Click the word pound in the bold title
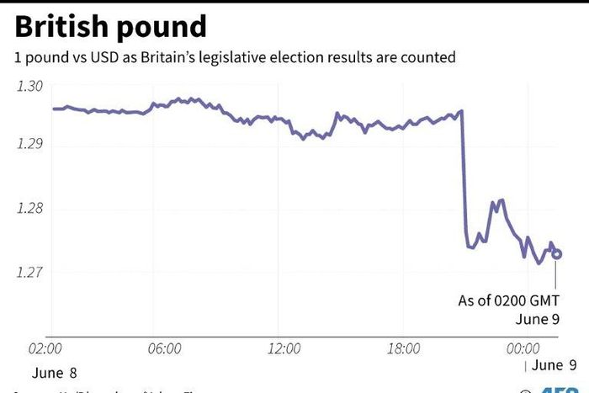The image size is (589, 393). [164, 29]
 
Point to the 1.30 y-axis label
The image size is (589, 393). [29, 85]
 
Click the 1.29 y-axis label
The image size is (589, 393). [29, 145]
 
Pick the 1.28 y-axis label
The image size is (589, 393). [29, 209]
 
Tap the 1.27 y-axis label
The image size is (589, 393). [29, 273]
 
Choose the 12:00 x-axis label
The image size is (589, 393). [284, 348]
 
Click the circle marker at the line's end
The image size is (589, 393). [557, 254]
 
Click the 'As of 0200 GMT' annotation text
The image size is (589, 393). [508, 300]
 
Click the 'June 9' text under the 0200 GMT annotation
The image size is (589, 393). [538, 319]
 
